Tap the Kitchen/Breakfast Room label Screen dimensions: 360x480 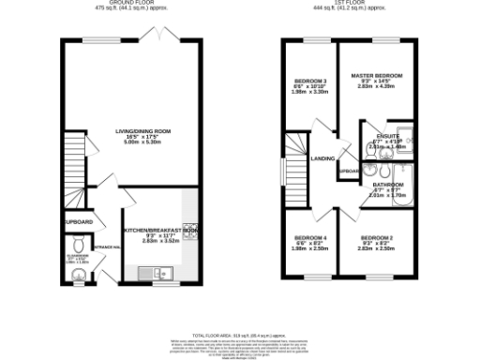tap(160, 229)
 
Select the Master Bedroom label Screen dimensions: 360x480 tap(376, 75)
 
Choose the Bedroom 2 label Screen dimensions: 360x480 tap(376, 237)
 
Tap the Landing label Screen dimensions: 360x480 tap(323, 158)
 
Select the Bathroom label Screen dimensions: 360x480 tap(386, 185)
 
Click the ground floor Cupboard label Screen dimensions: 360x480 tap(78, 221)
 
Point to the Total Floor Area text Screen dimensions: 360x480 tap(240, 334)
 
